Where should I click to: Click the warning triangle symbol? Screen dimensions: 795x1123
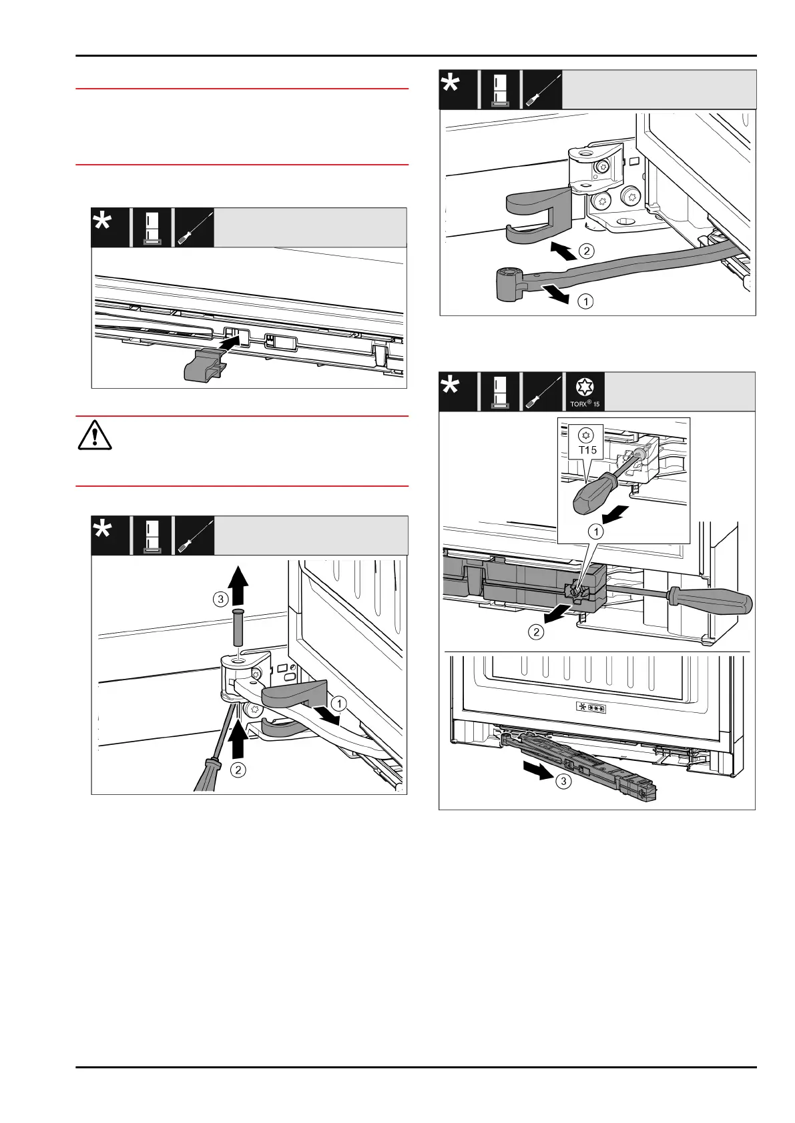95,437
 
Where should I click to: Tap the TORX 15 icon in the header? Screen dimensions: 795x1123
585,391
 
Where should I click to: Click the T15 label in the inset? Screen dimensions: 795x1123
587,450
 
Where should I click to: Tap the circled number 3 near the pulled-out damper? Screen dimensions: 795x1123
564,781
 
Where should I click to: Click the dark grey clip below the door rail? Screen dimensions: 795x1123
203,365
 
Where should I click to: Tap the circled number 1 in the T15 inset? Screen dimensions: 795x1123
595,531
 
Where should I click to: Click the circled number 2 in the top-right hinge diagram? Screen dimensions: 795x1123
585,251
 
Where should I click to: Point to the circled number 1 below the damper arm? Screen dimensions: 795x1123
585,301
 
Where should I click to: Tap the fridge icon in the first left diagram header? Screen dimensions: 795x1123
152,227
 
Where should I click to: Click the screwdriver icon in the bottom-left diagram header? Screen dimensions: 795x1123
194,535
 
